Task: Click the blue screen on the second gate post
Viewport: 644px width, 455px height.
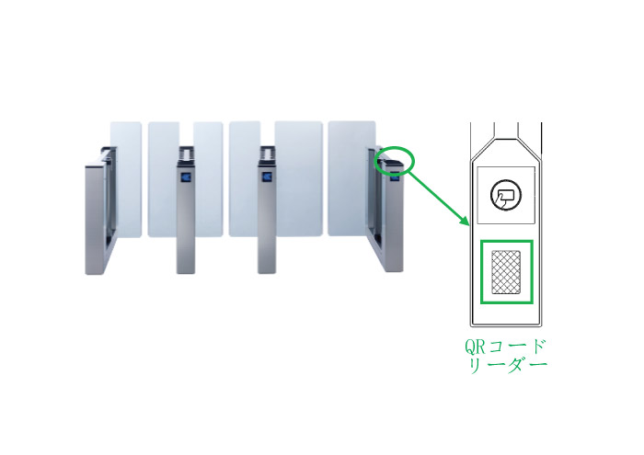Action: point(187,177)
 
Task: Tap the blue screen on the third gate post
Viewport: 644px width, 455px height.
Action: point(268,176)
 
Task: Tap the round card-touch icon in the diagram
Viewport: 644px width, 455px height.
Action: point(506,195)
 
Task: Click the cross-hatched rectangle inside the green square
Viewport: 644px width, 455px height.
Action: point(506,272)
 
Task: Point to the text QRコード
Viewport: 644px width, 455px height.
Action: point(505,347)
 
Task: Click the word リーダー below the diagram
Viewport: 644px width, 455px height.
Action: point(508,365)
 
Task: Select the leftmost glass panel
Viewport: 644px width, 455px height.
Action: point(126,179)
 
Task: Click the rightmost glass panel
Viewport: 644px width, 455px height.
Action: point(351,178)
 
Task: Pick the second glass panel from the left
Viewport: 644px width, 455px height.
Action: point(164,179)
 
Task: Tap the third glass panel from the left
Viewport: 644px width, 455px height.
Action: point(208,179)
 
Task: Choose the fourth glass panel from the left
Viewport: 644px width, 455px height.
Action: point(245,178)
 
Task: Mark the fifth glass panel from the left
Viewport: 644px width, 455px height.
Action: point(299,178)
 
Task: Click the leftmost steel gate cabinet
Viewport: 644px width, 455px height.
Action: point(100,210)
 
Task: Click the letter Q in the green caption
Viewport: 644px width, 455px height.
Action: point(470,347)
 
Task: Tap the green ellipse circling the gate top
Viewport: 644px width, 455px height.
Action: point(414,161)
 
